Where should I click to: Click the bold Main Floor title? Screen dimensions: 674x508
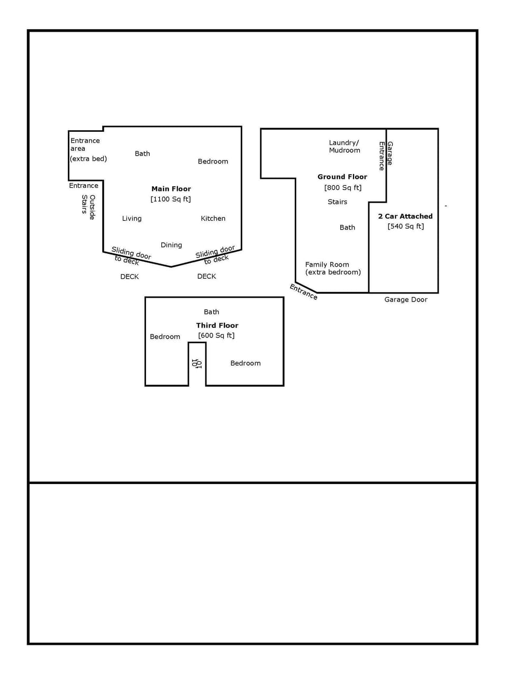tap(171, 189)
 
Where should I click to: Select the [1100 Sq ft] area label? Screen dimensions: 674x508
tap(170, 199)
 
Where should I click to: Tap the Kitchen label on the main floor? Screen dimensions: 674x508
tap(213, 218)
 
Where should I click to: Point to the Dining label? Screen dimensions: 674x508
tap(171, 245)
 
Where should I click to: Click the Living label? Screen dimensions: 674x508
tap(132, 218)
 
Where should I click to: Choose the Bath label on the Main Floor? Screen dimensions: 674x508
tap(142, 153)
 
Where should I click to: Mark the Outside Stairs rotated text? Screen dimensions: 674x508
tap(88, 207)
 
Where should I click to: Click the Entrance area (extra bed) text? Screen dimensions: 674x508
tap(88, 149)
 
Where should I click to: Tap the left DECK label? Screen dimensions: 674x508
tap(129, 277)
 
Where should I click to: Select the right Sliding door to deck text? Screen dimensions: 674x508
tap(215, 254)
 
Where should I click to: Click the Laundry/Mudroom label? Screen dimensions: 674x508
tap(344, 147)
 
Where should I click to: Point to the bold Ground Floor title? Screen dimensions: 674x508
tap(342, 177)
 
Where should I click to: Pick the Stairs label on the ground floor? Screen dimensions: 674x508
tap(337, 202)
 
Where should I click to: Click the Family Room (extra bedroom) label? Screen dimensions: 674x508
tap(332, 268)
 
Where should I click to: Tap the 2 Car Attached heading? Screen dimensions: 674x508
tap(405, 216)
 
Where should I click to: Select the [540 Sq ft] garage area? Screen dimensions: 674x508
tap(405, 226)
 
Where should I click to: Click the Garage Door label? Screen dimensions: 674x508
tap(405, 299)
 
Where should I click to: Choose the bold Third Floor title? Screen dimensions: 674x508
tap(217, 325)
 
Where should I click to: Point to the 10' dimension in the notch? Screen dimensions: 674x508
tap(196, 363)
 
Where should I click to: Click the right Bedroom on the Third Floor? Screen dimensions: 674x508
tap(245, 363)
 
